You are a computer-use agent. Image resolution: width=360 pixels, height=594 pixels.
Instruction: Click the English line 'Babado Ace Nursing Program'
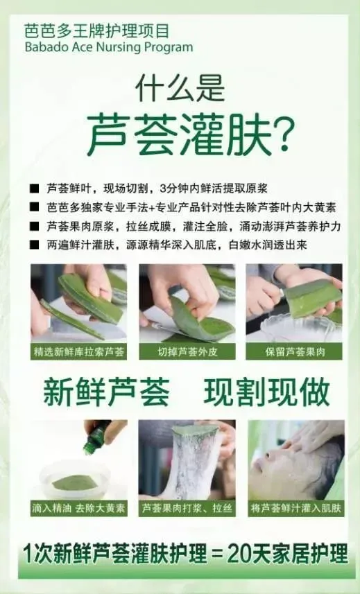point(109,48)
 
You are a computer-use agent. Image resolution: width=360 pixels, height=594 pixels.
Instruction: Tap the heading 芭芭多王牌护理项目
point(96,30)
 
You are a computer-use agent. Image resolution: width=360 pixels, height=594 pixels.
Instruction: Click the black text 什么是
point(180,88)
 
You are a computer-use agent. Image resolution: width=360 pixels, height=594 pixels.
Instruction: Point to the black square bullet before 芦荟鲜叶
point(35,189)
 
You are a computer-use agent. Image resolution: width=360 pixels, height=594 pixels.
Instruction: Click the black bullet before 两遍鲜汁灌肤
point(35,245)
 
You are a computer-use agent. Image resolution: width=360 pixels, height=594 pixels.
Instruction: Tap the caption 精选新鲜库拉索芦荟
point(79,352)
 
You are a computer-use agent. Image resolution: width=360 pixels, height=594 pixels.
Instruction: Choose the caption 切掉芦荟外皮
point(187,352)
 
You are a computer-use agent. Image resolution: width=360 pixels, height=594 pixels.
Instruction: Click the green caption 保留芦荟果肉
point(295,352)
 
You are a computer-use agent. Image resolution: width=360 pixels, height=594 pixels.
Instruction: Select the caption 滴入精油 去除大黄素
point(78,508)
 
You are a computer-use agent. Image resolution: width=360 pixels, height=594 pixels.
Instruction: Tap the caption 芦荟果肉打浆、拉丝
point(187,508)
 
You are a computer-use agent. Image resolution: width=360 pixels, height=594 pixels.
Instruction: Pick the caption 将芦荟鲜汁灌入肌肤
point(295,508)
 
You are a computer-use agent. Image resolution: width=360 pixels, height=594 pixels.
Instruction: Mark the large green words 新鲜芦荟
point(107,392)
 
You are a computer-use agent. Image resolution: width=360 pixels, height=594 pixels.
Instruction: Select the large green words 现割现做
point(267,392)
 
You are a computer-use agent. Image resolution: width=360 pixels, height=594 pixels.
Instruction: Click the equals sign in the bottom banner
point(216,554)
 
